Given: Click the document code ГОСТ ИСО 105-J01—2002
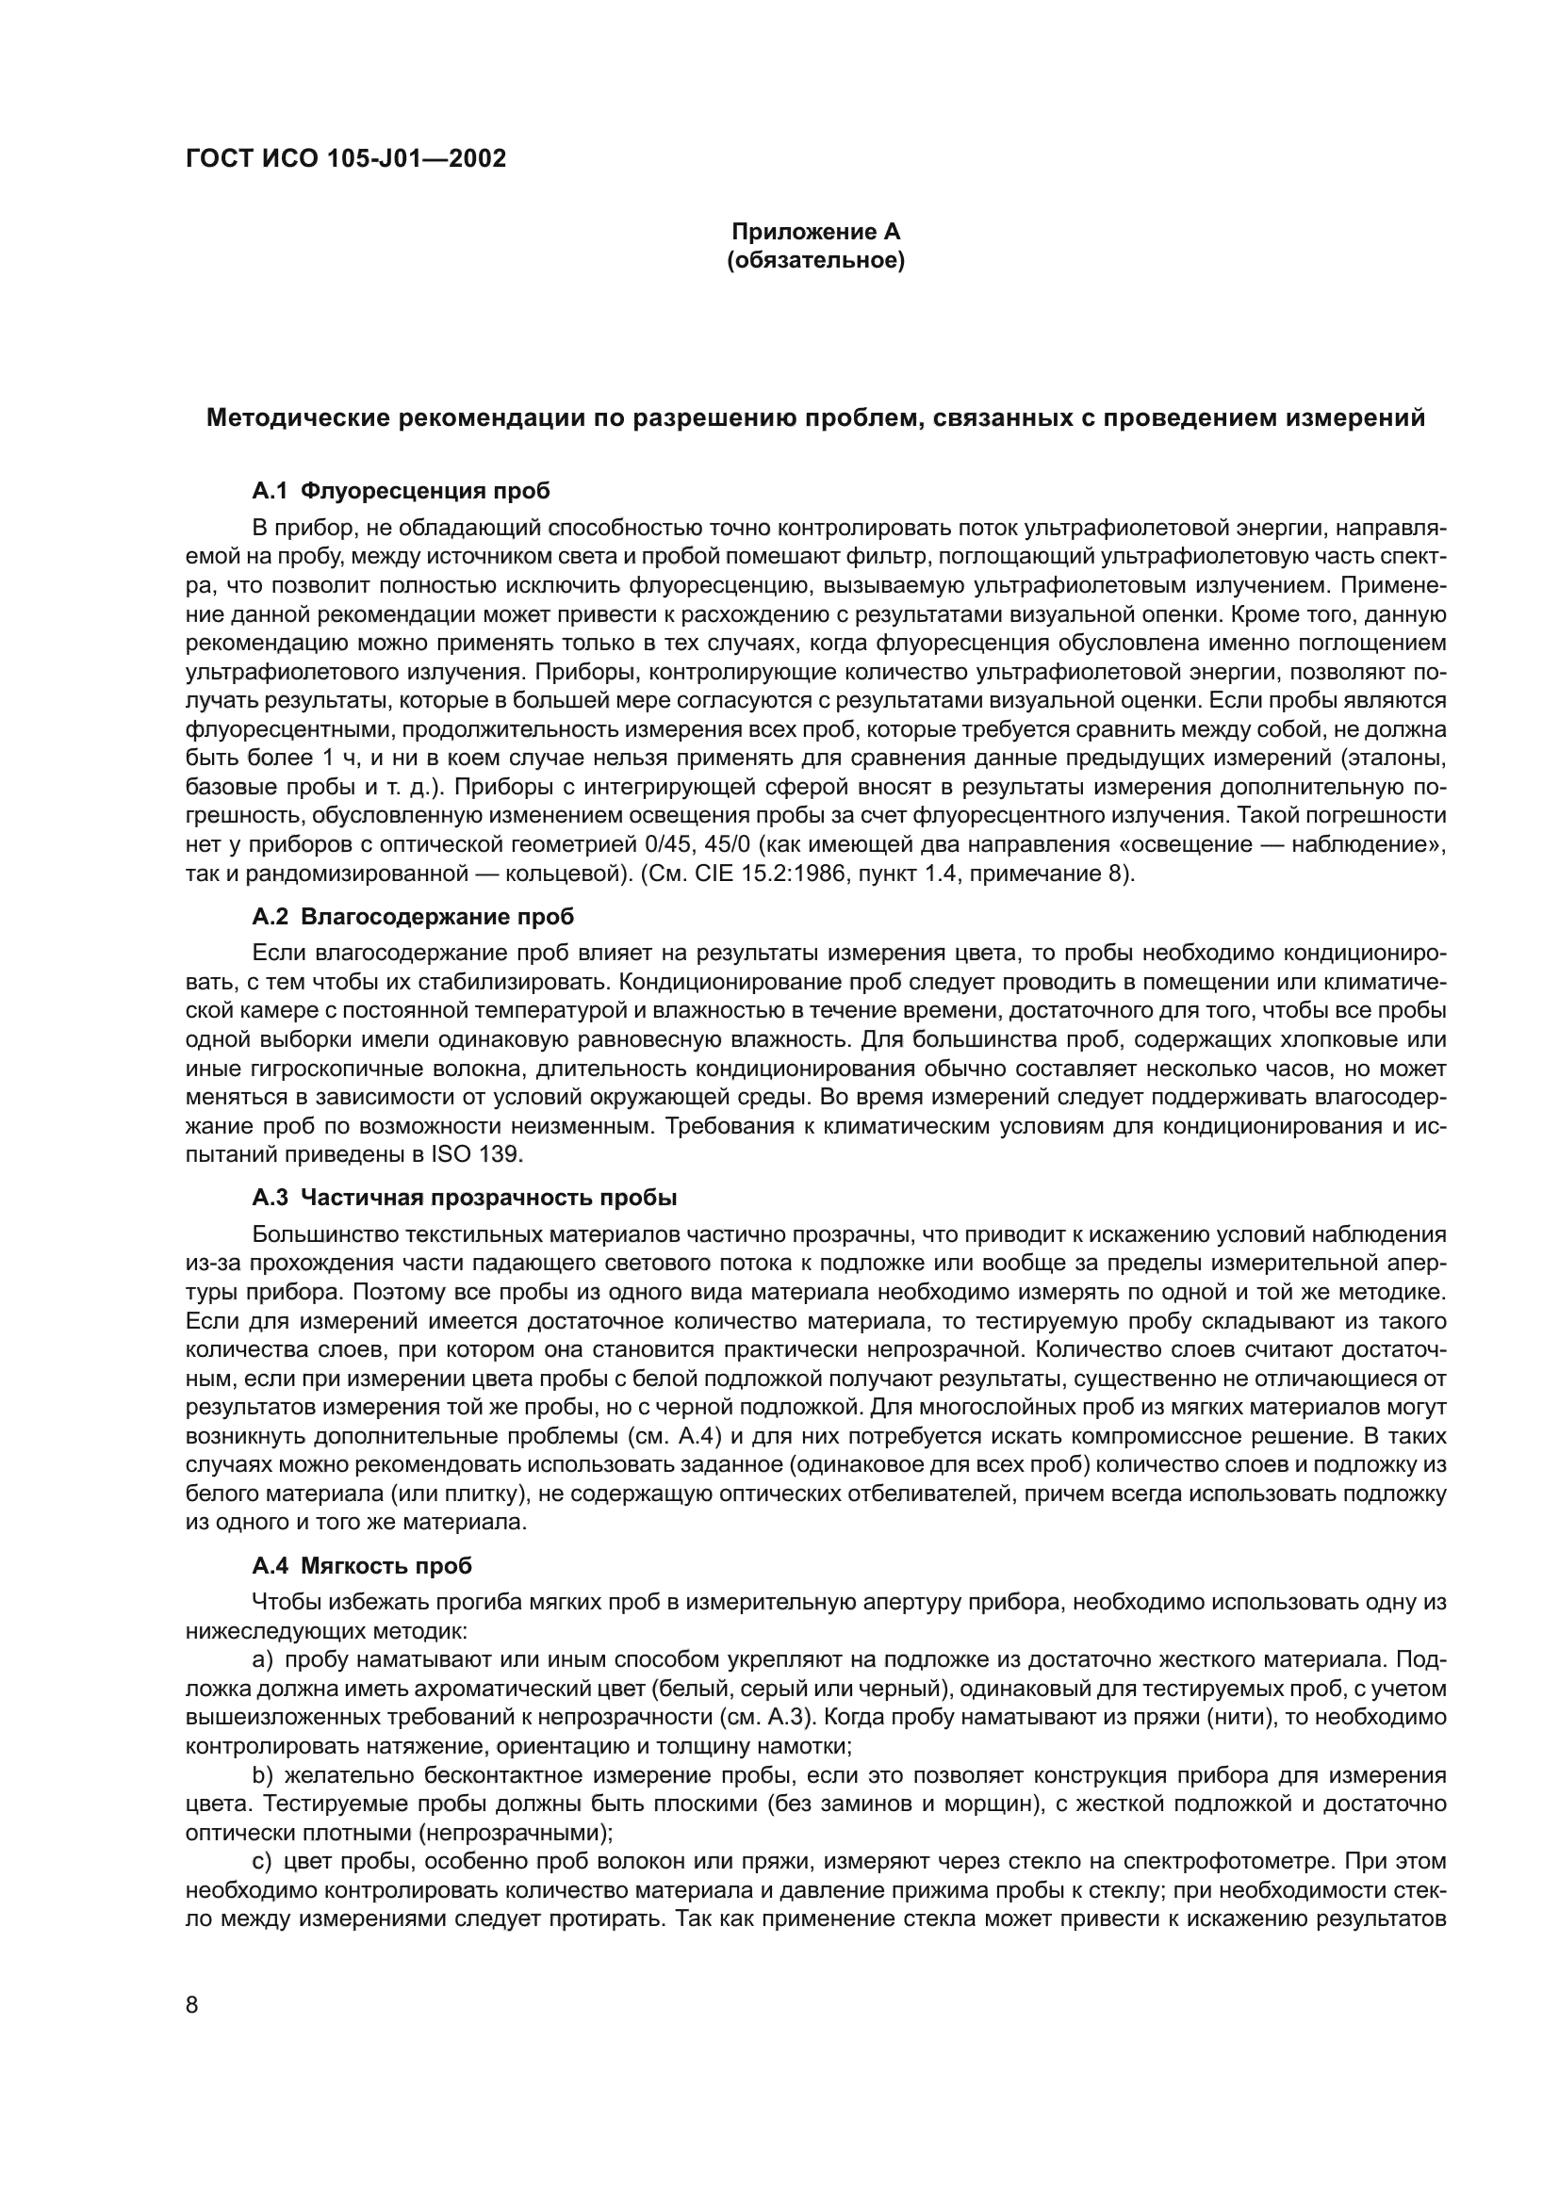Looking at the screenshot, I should (346, 159).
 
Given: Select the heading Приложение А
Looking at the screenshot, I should (816, 233).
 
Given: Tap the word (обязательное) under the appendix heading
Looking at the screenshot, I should (816, 261).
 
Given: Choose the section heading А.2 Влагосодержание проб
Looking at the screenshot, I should (413, 917).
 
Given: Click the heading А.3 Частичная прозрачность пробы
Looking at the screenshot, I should (465, 1198).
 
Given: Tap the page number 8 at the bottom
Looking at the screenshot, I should (192, 2005).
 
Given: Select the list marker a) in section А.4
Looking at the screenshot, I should (263, 1659).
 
